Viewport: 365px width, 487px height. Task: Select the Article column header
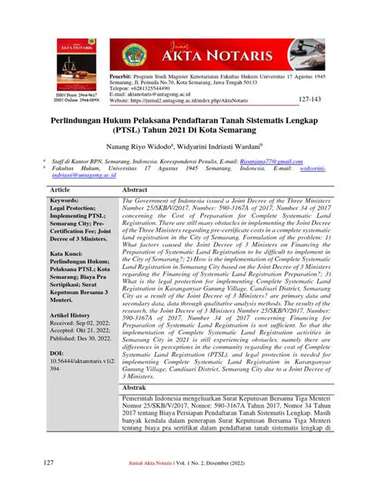tap(60, 189)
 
